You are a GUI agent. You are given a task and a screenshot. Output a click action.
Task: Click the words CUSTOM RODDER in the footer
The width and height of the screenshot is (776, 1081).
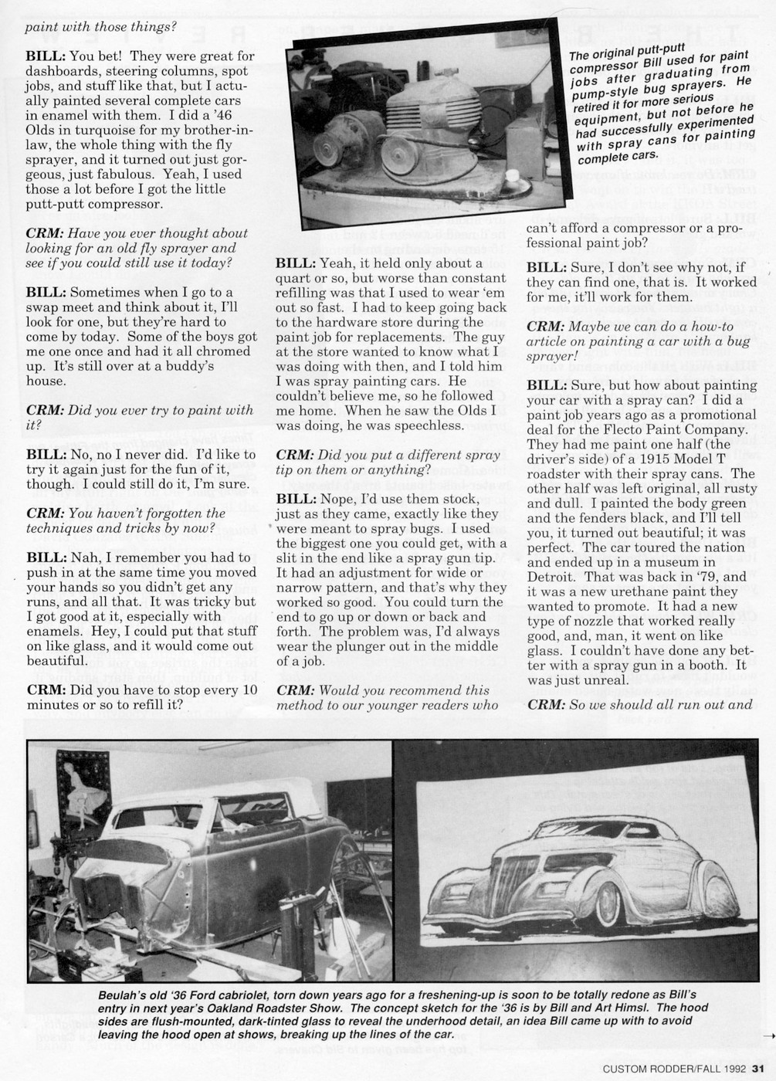646,1069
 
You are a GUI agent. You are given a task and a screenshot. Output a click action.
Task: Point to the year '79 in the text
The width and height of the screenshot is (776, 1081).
734,577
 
